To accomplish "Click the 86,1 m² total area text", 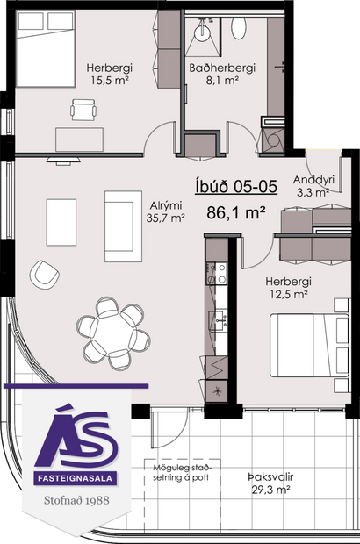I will [236, 211].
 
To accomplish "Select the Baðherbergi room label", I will [223, 68].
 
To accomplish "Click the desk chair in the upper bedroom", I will [83, 110].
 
